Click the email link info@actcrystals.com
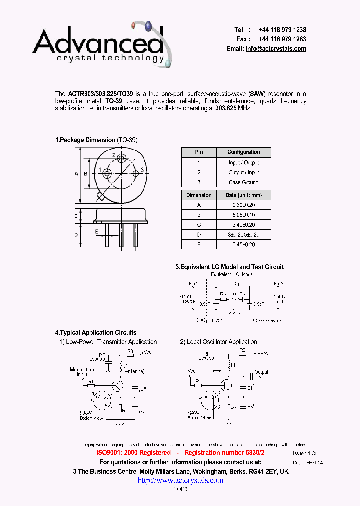[276, 49]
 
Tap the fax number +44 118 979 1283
[282, 39]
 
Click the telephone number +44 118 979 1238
[282, 30]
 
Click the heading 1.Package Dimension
[85, 140]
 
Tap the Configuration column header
[243, 152]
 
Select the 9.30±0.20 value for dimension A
[243, 205]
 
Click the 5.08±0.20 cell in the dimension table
[243, 215]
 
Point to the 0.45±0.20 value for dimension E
[243, 244]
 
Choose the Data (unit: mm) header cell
[243, 195]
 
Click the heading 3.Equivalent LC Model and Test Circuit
[229, 267]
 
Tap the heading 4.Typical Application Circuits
[96, 332]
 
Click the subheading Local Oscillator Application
[222, 342]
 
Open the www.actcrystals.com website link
[180, 480]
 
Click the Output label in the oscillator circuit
[261, 372]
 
